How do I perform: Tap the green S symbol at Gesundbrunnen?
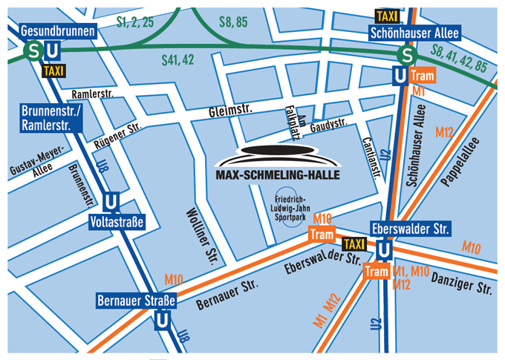click(33, 50)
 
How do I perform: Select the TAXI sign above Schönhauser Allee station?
click(385, 16)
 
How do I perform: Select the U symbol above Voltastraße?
click(111, 202)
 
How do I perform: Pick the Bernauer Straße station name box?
click(136, 301)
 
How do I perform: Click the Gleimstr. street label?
click(231, 109)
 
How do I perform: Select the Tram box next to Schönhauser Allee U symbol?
click(421, 75)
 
